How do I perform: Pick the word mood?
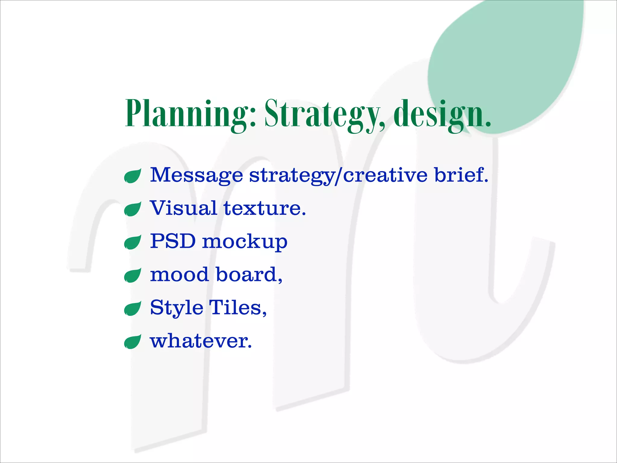point(180,275)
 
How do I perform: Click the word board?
point(249,275)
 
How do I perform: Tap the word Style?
point(177,308)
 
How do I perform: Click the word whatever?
point(201,341)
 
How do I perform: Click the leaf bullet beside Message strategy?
point(133,176)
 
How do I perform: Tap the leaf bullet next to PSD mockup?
point(133,242)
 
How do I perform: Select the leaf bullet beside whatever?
point(133,342)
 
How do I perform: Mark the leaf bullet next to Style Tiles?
point(133,309)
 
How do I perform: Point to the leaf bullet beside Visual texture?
point(133,209)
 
